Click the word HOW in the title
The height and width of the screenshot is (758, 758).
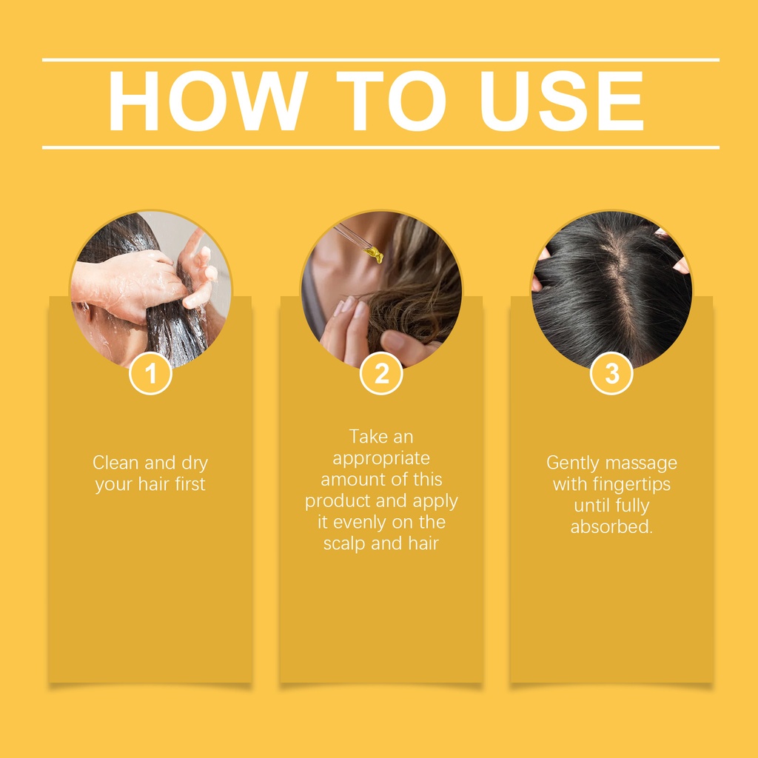coord(208,101)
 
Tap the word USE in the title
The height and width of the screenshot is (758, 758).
coord(561,101)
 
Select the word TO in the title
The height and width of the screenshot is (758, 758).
coord(391,101)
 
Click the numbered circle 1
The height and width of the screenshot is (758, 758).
coord(150,373)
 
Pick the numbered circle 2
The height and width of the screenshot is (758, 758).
coord(381,373)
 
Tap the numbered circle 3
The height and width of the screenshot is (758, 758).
coord(611,373)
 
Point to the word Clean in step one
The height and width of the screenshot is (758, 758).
coord(116,463)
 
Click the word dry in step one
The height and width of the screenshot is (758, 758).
coord(195,464)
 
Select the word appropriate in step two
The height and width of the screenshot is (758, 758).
coord(381,459)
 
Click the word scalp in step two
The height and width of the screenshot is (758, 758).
coord(344,544)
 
